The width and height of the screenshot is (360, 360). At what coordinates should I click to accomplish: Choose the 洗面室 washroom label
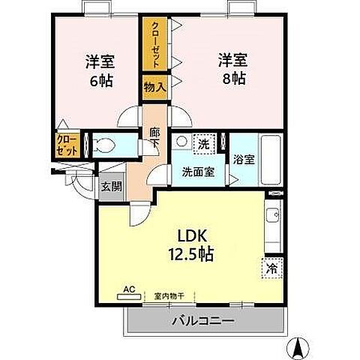tap(198, 171)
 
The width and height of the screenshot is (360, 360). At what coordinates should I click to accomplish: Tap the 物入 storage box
tap(154, 87)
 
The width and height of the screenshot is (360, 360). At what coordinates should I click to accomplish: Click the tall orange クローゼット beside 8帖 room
tap(155, 40)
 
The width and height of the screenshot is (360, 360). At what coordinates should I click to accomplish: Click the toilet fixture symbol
tap(106, 145)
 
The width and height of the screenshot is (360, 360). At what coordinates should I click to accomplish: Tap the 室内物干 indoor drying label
tap(169, 295)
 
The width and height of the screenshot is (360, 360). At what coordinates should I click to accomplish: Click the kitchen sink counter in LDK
tap(273, 221)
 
